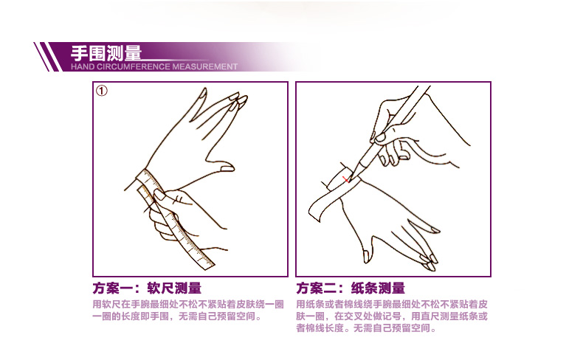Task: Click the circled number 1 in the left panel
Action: click(102, 91)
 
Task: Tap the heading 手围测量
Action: click(106, 53)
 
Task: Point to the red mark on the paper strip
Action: click(346, 179)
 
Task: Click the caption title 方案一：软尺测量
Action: click(148, 288)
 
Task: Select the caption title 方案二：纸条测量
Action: click(351, 288)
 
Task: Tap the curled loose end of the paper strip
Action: click(314, 213)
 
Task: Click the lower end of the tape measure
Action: click(207, 265)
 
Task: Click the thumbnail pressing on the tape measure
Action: click(159, 195)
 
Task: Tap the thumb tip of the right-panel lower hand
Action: click(366, 257)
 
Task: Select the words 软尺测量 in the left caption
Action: click(174, 288)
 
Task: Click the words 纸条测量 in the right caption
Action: click(378, 288)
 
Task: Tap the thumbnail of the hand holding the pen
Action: click(380, 138)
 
